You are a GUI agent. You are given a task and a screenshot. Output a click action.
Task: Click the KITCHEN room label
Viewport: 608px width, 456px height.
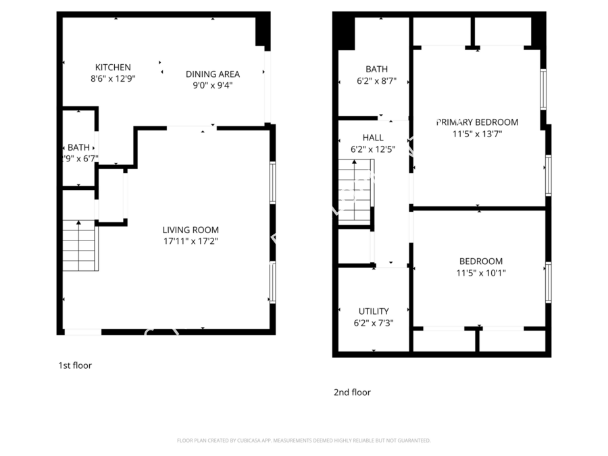click(x=113, y=68)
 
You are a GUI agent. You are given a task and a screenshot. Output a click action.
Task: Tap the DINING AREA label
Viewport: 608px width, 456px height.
click(x=213, y=74)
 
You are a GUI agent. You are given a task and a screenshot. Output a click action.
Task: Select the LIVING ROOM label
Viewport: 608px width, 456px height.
click(x=191, y=230)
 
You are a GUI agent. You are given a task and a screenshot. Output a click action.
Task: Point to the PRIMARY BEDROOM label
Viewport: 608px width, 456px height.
click(x=477, y=122)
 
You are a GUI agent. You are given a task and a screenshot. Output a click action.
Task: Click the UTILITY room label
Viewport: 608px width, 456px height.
click(x=374, y=311)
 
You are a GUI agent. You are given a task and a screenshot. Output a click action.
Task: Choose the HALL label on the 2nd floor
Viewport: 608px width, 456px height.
click(x=372, y=137)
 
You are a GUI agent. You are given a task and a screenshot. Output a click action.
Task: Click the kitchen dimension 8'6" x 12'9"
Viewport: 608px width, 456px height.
click(x=113, y=78)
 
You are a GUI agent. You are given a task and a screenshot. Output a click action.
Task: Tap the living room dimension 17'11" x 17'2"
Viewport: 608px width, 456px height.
click(x=191, y=240)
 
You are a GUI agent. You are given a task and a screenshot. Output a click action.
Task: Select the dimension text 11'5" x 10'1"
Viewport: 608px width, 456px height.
click(x=481, y=273)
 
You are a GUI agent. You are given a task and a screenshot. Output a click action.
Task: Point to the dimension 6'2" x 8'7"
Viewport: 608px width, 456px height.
click(x=376, y=80)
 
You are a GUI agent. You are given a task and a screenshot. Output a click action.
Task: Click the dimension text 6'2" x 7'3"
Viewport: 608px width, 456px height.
click(x=374, y=323)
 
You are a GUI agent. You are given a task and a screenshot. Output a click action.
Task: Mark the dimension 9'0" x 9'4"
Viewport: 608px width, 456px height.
click(x=213, y=85)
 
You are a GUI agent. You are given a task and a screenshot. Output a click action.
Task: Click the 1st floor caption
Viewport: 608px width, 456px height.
click(x=74, y=365)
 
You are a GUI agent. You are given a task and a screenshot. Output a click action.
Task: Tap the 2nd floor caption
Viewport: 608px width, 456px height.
click(x=352, y=392)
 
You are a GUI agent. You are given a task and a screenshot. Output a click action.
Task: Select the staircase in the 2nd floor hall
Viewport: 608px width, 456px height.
click(x=355, y=193)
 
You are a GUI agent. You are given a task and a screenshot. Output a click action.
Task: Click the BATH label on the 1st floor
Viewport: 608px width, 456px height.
click(x=78, y=148)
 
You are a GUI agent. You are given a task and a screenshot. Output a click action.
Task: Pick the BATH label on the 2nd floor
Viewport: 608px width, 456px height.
click(x=376, y=69)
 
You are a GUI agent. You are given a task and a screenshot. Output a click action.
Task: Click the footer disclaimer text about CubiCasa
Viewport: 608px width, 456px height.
click(x=303, y=440)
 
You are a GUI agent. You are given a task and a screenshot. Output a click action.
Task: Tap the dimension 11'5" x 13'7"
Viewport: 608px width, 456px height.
click(x=477, y=134)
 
